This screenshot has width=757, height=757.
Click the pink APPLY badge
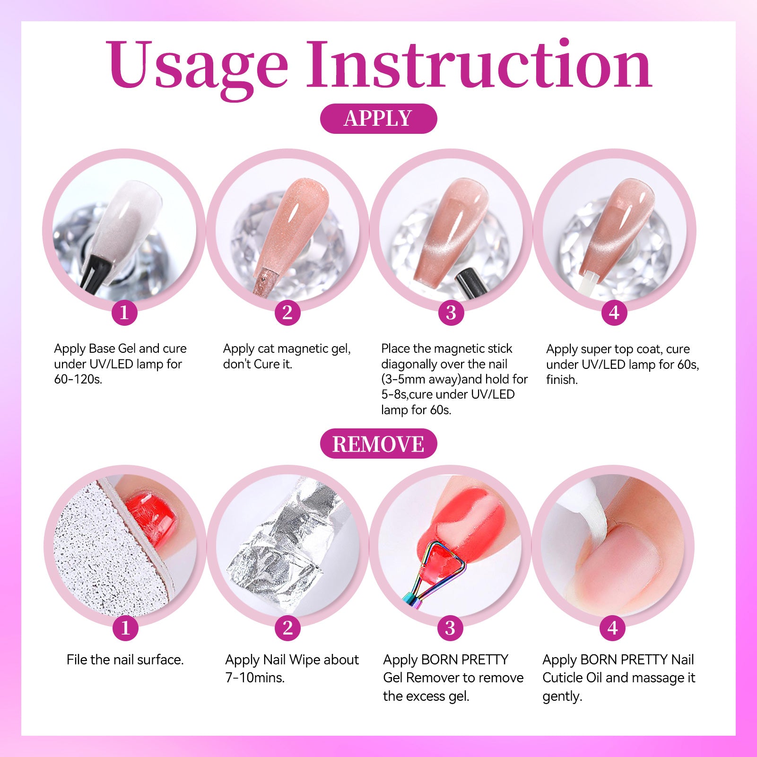(378, 118)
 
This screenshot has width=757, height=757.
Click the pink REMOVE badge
(378, 444)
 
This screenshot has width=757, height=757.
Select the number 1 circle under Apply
(124, 313)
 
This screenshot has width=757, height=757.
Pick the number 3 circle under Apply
(451, 313)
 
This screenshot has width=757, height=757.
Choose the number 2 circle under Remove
(288, 628)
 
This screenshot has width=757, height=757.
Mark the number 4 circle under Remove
(613, 628)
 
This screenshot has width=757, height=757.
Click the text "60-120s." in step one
(78, 379)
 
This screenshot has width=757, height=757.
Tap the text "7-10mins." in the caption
(255, 678)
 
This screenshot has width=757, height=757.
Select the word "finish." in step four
(562, 380)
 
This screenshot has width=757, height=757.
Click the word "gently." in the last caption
(562, 696)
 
